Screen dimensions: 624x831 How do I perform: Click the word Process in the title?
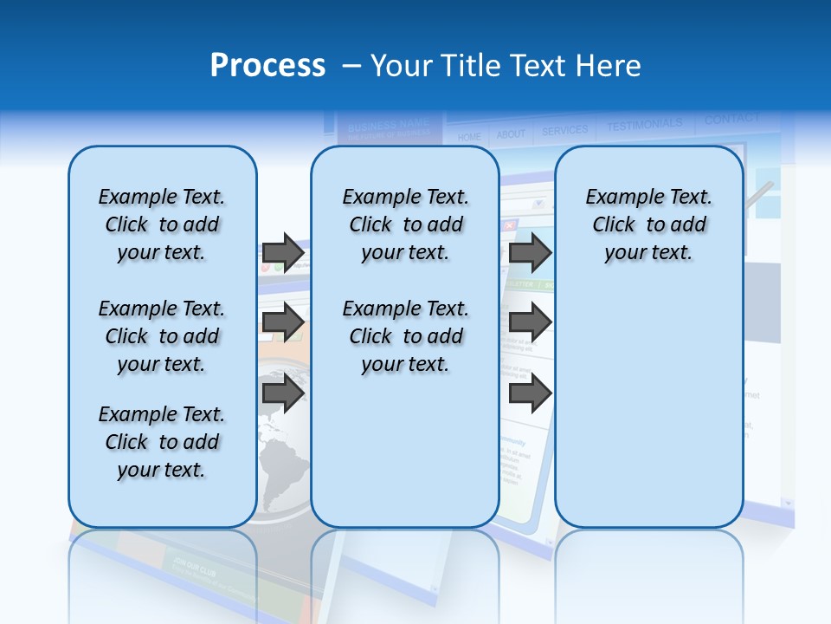(267, 66)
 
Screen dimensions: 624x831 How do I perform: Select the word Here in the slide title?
(606, 66)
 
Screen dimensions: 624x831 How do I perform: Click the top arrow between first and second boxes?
(283, 252)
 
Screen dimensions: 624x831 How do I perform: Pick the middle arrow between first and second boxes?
(283, 323)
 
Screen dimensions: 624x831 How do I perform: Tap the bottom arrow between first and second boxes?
(283, 393)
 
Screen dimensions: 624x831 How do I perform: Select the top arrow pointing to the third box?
(530, 252)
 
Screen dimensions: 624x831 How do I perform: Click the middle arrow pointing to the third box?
(530, 323)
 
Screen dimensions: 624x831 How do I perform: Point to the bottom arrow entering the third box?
(530, 393)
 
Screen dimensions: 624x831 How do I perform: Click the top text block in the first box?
(162, 224)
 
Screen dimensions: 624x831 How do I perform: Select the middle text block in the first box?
(162, 336)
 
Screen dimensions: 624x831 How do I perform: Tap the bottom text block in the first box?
(162, 442)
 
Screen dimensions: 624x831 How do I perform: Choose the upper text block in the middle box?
(405, 224)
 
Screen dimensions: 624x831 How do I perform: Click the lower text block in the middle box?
(405, 336)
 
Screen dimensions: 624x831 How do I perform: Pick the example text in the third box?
(648, 224)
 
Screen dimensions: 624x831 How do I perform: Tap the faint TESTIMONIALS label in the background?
(644, 126)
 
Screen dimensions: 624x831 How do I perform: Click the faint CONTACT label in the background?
(731, 119)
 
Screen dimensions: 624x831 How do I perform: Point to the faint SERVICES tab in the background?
(564, 131)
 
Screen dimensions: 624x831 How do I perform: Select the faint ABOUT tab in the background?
(511, 134)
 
